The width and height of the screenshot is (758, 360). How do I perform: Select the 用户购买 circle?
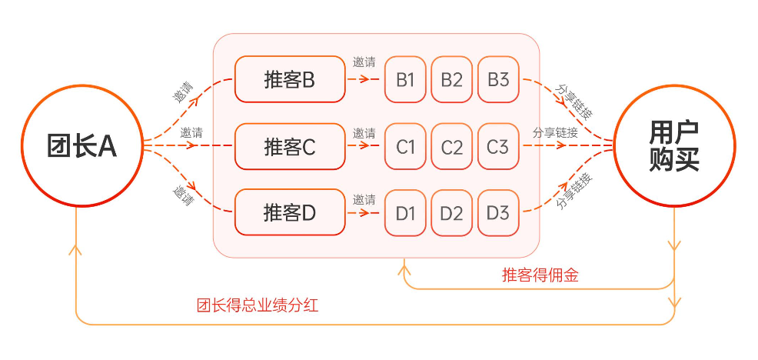[673, 146]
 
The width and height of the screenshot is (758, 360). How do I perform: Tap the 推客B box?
[290, 79]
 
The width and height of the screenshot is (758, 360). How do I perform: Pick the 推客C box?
[290, 146]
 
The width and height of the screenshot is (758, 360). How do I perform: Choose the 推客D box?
[290, 213]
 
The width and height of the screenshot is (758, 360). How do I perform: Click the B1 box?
[405, 79]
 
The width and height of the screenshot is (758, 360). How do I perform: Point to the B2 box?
[452, 79]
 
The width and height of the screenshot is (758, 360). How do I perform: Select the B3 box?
[498, 79]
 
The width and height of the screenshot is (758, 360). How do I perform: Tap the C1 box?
[405, 146]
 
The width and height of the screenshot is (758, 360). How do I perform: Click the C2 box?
[452, 146]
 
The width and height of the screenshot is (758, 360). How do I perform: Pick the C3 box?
[498, 146]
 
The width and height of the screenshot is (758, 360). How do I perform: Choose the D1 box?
[405, 213]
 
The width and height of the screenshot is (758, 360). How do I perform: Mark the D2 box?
[452, 213]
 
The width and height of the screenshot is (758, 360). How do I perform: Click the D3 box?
[498, 213]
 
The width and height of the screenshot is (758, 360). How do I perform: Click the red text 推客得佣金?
[540, 275]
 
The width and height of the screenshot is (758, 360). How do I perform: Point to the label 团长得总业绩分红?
[258, 305]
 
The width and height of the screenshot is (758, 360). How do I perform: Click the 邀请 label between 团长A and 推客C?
[192, 132]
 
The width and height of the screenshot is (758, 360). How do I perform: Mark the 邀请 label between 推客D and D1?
[364, 199]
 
